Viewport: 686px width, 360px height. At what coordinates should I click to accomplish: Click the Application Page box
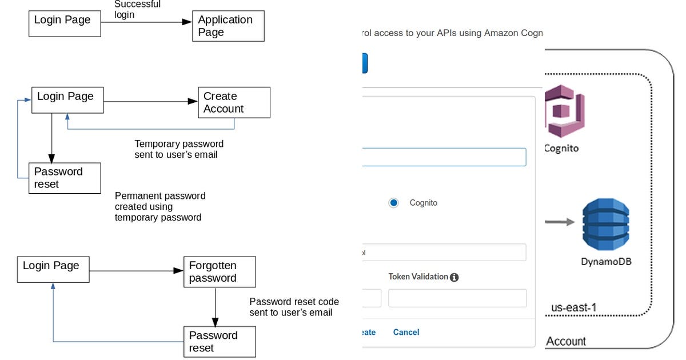[228, 26]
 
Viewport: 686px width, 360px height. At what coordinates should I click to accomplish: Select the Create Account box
[234, 103]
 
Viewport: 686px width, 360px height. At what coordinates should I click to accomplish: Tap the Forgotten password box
[220, 272]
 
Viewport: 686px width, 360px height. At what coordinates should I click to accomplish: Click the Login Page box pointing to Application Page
[65, 23]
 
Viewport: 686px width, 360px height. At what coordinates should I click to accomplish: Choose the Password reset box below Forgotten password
[220, 342]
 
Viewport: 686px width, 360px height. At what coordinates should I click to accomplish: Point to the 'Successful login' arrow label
[137, 9]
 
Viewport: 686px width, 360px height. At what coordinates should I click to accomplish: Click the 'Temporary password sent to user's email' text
[179, 149]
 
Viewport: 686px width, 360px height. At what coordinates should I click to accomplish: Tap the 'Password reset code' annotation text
[294, 307]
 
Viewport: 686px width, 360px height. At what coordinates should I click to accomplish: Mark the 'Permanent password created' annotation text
[160, 206]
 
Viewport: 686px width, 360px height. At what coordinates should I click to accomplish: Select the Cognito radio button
[393, 203]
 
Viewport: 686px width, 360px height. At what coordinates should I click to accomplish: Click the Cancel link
[406, 332]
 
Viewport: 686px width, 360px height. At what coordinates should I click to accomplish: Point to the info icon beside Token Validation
[454, 277]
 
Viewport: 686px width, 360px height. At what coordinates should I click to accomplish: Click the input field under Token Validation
[457, 298]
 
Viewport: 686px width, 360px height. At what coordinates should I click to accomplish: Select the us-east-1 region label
[574, 307]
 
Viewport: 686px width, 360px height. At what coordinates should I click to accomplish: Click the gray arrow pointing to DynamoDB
[559, 222]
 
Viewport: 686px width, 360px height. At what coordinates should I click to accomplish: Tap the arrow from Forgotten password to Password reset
[216, 306]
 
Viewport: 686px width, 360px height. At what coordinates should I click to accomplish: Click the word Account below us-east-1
[566, 342]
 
